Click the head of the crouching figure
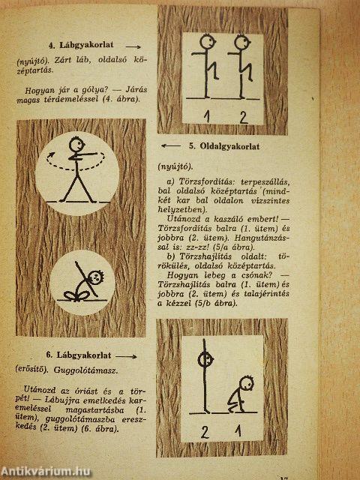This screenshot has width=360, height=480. tap(244, 381)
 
